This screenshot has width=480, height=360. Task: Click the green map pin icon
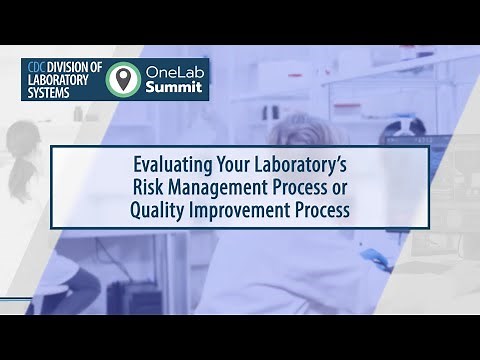click(x=123, y=79)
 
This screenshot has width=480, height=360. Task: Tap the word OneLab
click(x=174, y=71)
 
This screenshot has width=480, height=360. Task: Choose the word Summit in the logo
click(x=175, y=88)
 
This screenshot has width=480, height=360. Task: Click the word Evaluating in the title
click(x=175, y=164)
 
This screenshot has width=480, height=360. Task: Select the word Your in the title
click(x=236, y=164)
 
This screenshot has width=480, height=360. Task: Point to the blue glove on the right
click(x=375, y=258)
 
